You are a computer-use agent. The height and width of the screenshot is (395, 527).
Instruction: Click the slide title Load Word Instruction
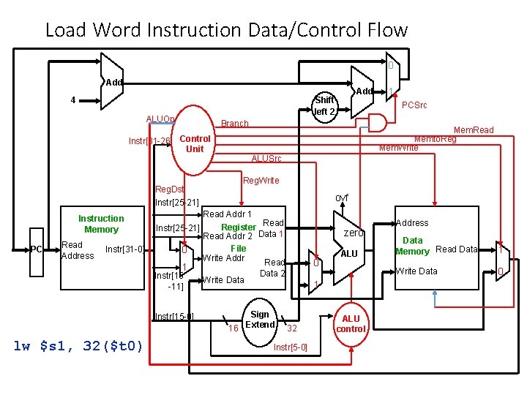tap(225, 30)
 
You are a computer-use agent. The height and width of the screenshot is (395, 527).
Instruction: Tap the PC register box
tap(36, 250)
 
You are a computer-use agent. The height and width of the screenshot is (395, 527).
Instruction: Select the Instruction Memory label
tap(101, 224)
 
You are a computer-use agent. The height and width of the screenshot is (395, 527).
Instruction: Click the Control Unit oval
tap(194, 143)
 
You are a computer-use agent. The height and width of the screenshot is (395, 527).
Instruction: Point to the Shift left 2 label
tap(324, 105)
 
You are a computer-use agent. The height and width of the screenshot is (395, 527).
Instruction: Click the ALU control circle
tap(351, 323)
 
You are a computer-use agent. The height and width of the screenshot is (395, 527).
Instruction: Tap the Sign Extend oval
tap(260, 320)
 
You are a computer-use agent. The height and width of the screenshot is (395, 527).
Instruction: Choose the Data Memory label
tap(412, 246)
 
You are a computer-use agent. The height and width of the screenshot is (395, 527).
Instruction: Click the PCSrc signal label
tap(415, 105)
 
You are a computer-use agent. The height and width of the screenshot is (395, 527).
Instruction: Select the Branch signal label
tap(235, 124)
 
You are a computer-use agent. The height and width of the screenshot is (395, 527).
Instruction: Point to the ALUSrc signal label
tap(266, 159)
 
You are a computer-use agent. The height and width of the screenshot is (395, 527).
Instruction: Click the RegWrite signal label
tap(261, 181)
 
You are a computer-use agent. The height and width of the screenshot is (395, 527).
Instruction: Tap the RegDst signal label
tap(169, 189)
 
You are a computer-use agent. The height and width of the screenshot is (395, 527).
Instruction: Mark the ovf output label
tap(342, 198)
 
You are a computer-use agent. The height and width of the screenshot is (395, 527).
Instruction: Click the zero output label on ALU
tap(354, 233)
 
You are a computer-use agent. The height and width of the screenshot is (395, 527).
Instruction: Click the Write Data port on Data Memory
tap(416, 271)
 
